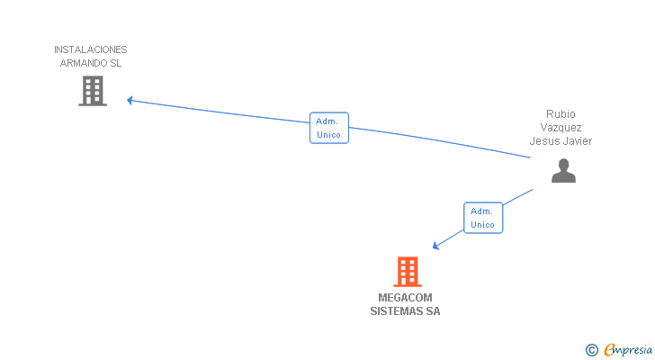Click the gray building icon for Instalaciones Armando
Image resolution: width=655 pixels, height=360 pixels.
coord(93,91)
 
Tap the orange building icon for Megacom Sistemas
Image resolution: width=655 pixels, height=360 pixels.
coord(407,271)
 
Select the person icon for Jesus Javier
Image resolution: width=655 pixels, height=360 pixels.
coord(563,171)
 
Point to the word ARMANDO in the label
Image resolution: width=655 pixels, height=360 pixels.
coord(83,63)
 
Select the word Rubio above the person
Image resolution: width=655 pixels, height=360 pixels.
coord(561,114)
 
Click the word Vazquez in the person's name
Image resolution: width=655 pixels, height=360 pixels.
coord(561,128)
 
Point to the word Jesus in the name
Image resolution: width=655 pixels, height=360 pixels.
coord(544,141)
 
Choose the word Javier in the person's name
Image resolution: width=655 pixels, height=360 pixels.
coord(578,141)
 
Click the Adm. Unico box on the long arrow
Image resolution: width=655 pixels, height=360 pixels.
coord(328,128)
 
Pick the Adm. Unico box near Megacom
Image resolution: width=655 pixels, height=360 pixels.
coord(482,218)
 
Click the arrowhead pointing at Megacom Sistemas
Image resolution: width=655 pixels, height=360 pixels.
coord(435,245)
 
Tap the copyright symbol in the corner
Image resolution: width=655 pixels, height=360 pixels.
coord(592,350)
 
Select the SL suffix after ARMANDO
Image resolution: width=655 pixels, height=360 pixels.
coord(115,63)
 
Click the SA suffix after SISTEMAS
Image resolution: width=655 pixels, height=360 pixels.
coord(434,311)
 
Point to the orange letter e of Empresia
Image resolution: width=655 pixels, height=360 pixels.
coord(609,350)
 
